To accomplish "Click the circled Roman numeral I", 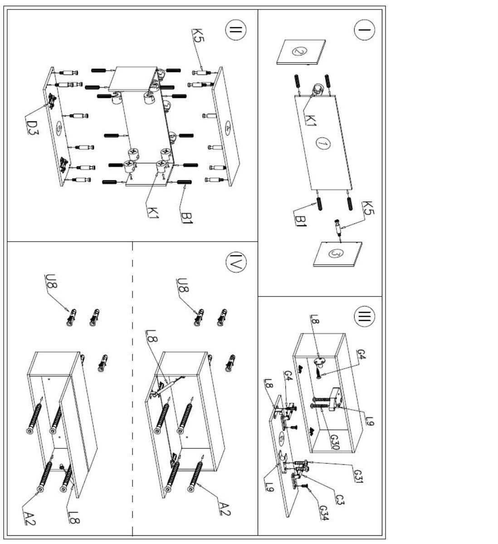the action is pyautogui.click(x=364, y=30).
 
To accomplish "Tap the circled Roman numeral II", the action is pyautogui.click(x=236, y=30).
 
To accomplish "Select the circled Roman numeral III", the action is pyautogui.click(x=364, y=316).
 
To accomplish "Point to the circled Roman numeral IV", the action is pyautogui.click(x=236, y=262).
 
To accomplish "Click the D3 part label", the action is pyautogui.click(x=32, y=128).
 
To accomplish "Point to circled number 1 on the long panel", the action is pyautogui.click(x=322, y=143).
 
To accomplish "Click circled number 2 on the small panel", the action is pyautogui.click(x=299, y=51).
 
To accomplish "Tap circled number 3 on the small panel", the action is pyautogui.click(x=336, y=253).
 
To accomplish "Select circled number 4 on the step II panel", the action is pyautogui.click(x=228, y=127).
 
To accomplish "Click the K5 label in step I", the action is pyautogui.click(x=368, y=208).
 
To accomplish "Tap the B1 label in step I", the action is pyautogui.click(x=301, y=221).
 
